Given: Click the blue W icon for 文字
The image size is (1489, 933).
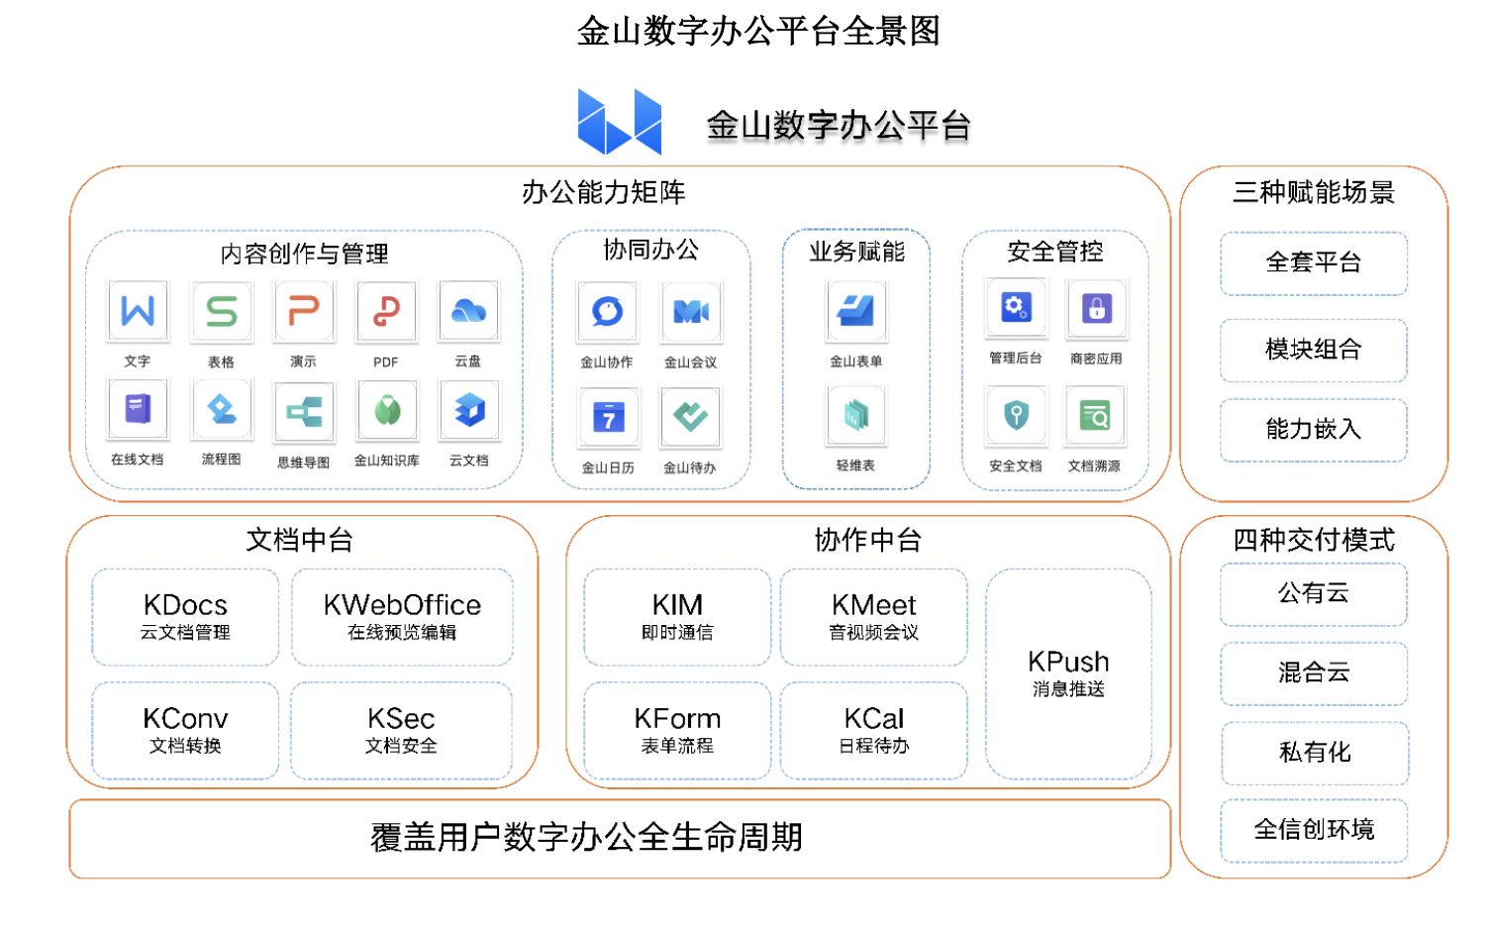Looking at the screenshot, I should (x=138, y=311).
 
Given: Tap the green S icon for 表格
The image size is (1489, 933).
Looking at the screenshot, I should (x=221, y=311).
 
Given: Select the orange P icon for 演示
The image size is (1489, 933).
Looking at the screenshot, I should (x=303, y=311).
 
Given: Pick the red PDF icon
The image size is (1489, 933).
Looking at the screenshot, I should (x=386, y=311).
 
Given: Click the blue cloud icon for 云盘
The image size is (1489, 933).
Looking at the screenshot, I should (x=468, y=311).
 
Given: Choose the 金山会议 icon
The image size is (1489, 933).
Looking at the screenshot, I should (x=690, y=312).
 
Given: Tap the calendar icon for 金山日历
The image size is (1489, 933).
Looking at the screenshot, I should (x=608, y=417).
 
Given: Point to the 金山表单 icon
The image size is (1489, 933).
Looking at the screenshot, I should (x=856, y=311).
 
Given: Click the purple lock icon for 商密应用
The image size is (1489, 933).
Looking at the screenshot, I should (x=1096, y=308).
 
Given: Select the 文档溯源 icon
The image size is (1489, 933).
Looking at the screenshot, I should (x=1094, y=416).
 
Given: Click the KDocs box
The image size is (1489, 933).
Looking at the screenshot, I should (x=185, y=616).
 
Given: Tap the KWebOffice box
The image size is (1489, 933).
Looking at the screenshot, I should (x=402, y=616).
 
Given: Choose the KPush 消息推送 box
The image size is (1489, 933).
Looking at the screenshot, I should (x=1068, y=674).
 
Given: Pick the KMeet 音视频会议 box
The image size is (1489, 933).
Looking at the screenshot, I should (x=873, y=616).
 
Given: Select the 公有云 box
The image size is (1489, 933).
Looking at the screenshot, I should (x=1314, y=594).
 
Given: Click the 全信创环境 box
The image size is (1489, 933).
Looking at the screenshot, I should (x=1314, y=830).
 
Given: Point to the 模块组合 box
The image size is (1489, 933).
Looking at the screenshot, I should (x=1314, y=350).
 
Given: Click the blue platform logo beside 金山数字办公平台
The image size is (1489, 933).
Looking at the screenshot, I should (x=620, y=123).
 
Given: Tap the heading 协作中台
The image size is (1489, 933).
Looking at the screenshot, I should (x=867, y=540).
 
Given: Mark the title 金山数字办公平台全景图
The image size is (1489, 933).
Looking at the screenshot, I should (x=758, y=32).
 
